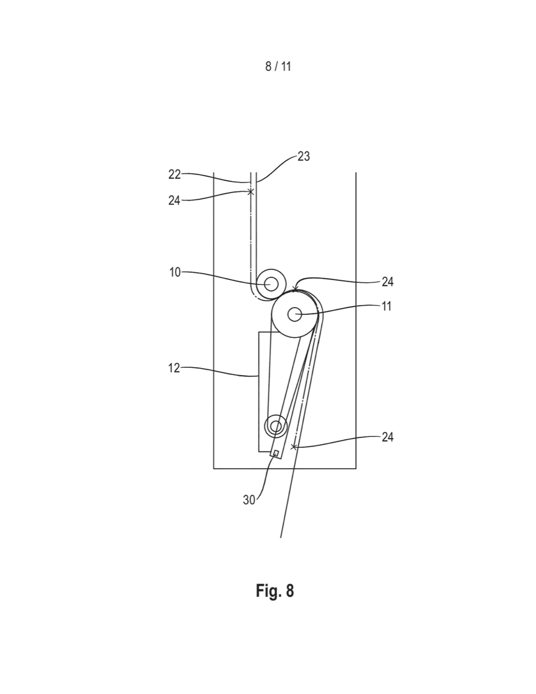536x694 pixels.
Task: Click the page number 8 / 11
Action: [x=278, y=67]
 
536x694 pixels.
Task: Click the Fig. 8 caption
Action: [x=274, y=591]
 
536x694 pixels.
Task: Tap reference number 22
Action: [x=175, y=174]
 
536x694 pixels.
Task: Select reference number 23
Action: [x=304, y=156]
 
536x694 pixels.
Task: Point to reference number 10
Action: [x=175, y=273]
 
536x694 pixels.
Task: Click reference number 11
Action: [x=386, y=307]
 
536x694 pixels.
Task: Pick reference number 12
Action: [x=174, y=369]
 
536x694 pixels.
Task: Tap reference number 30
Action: [x=249, y=500]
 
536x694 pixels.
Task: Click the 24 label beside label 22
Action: [x=175, y=201]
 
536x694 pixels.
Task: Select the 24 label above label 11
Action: [x=387, y=282]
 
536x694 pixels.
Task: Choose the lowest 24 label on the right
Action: [x=387, y=437]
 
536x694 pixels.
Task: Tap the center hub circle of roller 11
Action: [x=294, y=315]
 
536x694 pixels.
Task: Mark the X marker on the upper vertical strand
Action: [x=251, y=192]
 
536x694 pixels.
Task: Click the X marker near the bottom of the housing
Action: [x=293, y=447]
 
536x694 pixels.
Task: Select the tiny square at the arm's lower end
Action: [x=276, y=452]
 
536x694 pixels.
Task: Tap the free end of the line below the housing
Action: [x=280, y=538]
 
